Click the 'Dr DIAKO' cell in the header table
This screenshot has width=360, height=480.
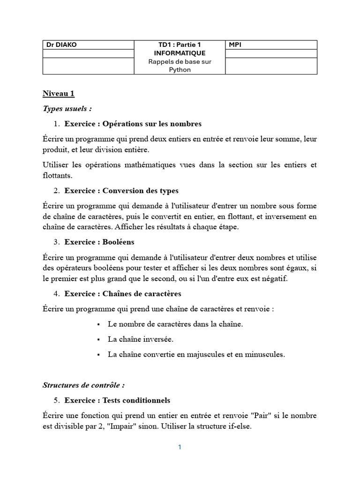coord(61,45)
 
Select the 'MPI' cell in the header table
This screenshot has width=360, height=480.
coord(235,45)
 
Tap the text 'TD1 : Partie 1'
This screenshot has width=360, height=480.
coord(180,45)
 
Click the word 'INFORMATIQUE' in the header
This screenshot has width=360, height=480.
coord(180,53)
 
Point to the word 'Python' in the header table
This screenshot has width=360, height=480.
coord(180,70)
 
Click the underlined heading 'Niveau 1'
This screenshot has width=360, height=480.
coord(59,93)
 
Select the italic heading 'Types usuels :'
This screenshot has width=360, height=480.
coord(67,109)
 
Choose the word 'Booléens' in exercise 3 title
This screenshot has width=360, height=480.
coord(119,242)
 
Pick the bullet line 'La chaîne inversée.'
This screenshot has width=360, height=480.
coord(140,339)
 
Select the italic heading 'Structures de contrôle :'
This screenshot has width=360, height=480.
coord(83,385)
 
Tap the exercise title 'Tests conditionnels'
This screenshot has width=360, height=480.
coord(117,401)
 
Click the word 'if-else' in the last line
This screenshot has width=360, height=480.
coord(240,427)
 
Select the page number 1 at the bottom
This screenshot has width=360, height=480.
coord(180,447)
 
